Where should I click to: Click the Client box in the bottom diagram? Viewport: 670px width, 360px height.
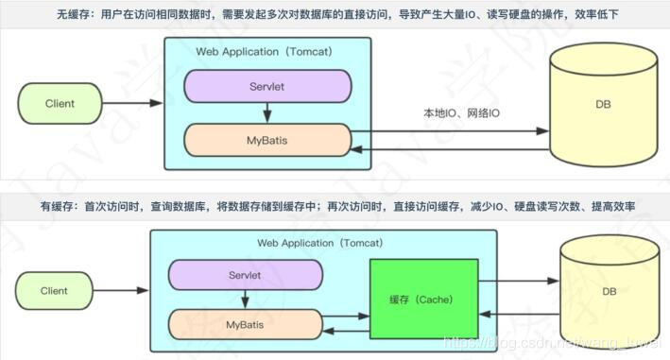[x=54, y=292]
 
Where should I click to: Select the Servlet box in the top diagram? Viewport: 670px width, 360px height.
[x=266, y=85]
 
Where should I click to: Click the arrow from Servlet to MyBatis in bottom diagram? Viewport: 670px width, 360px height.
[x=244, y=300]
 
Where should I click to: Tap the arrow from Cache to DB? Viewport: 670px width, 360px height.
[x=521, y=281]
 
